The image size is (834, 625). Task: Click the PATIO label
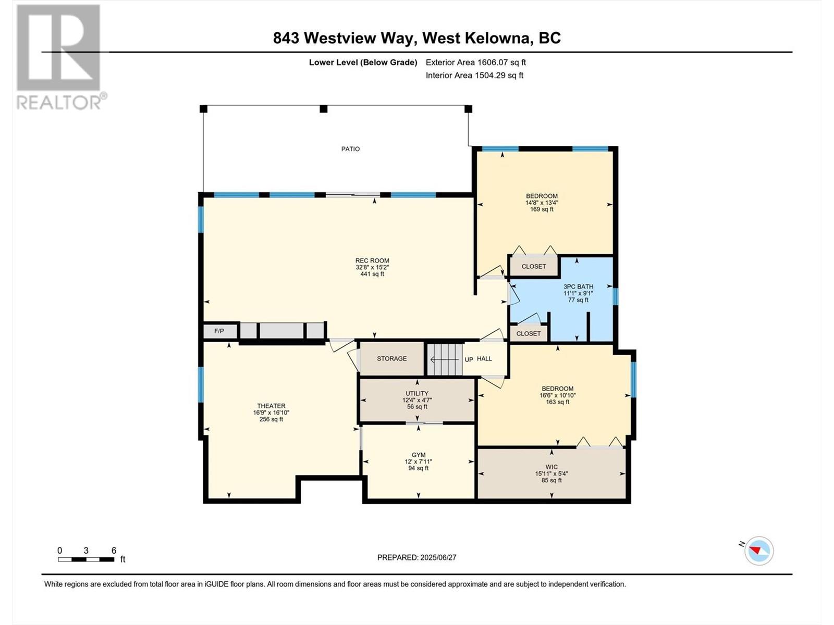pos(350,149)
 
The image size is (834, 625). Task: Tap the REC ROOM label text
pos(372,261)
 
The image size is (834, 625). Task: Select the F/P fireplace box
pos(219,331)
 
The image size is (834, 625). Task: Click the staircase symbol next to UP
pos(445,359)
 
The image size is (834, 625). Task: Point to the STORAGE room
pos(391,359)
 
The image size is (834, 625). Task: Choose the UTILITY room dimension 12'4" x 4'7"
pos(417,400)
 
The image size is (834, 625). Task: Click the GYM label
pos(419,455)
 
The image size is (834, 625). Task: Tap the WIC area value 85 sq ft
pos(551,480)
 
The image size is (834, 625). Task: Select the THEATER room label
pos(271,406)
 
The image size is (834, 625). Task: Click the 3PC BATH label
pos(578,286)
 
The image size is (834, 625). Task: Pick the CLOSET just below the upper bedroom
pos(534,266)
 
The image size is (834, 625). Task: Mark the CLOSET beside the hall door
pos(529,333)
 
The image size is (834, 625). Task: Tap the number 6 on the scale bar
pos(114,551)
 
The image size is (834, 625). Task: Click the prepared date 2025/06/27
pos(438,557)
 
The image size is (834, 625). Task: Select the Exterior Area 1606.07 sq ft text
pos(475,62)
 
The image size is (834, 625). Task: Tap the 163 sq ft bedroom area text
pos(557,402)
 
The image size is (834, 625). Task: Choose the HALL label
pos(484,359)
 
